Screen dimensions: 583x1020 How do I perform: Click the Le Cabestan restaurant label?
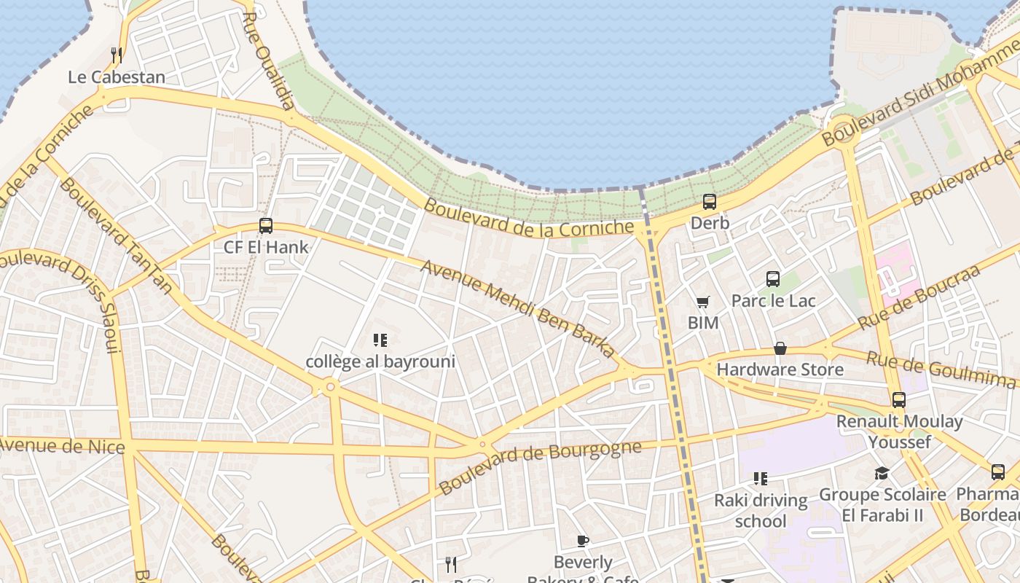117,77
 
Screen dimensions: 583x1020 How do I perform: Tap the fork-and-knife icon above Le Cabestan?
116,55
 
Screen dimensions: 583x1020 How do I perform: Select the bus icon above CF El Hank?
266,226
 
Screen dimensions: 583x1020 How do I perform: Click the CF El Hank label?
266,247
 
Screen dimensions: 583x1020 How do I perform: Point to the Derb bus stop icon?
710,202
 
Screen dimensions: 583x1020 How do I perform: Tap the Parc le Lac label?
773,300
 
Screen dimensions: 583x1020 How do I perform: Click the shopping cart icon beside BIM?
703,302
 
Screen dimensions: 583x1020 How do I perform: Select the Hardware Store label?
780,369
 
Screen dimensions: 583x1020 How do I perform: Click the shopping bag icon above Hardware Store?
780,348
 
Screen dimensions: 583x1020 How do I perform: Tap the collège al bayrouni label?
380,361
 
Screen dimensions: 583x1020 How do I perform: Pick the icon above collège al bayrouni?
380,340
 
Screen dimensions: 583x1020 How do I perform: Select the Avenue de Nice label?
63,445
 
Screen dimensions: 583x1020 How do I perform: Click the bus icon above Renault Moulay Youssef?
899,399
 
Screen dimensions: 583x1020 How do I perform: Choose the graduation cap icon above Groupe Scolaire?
882,474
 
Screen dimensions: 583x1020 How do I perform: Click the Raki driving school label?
761,510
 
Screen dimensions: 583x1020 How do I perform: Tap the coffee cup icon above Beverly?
583,541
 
